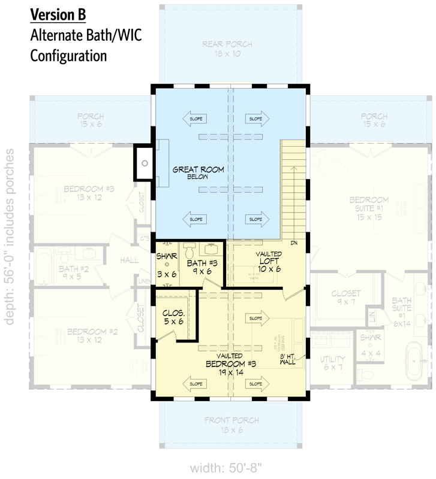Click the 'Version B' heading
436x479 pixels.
pyautogui.click(x=58, y=14)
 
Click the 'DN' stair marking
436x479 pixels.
pyautogui.click(x=293, y=243)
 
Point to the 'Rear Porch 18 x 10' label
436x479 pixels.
pyautogui.click(x=227, y=48)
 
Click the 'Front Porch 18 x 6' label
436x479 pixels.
pyautogui.click(x=227, y=425)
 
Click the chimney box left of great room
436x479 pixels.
pyautogui.click(x=145, y=162)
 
